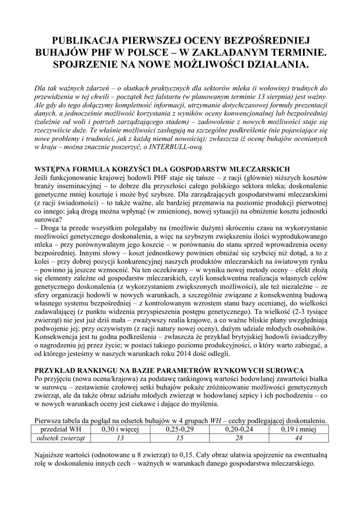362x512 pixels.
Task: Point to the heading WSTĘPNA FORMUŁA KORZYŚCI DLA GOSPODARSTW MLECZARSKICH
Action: pyautogui.click(x=161, y=169)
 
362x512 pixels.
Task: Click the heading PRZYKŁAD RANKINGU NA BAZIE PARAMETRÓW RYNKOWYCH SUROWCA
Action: pyautogui.click(x=169, y=370)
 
